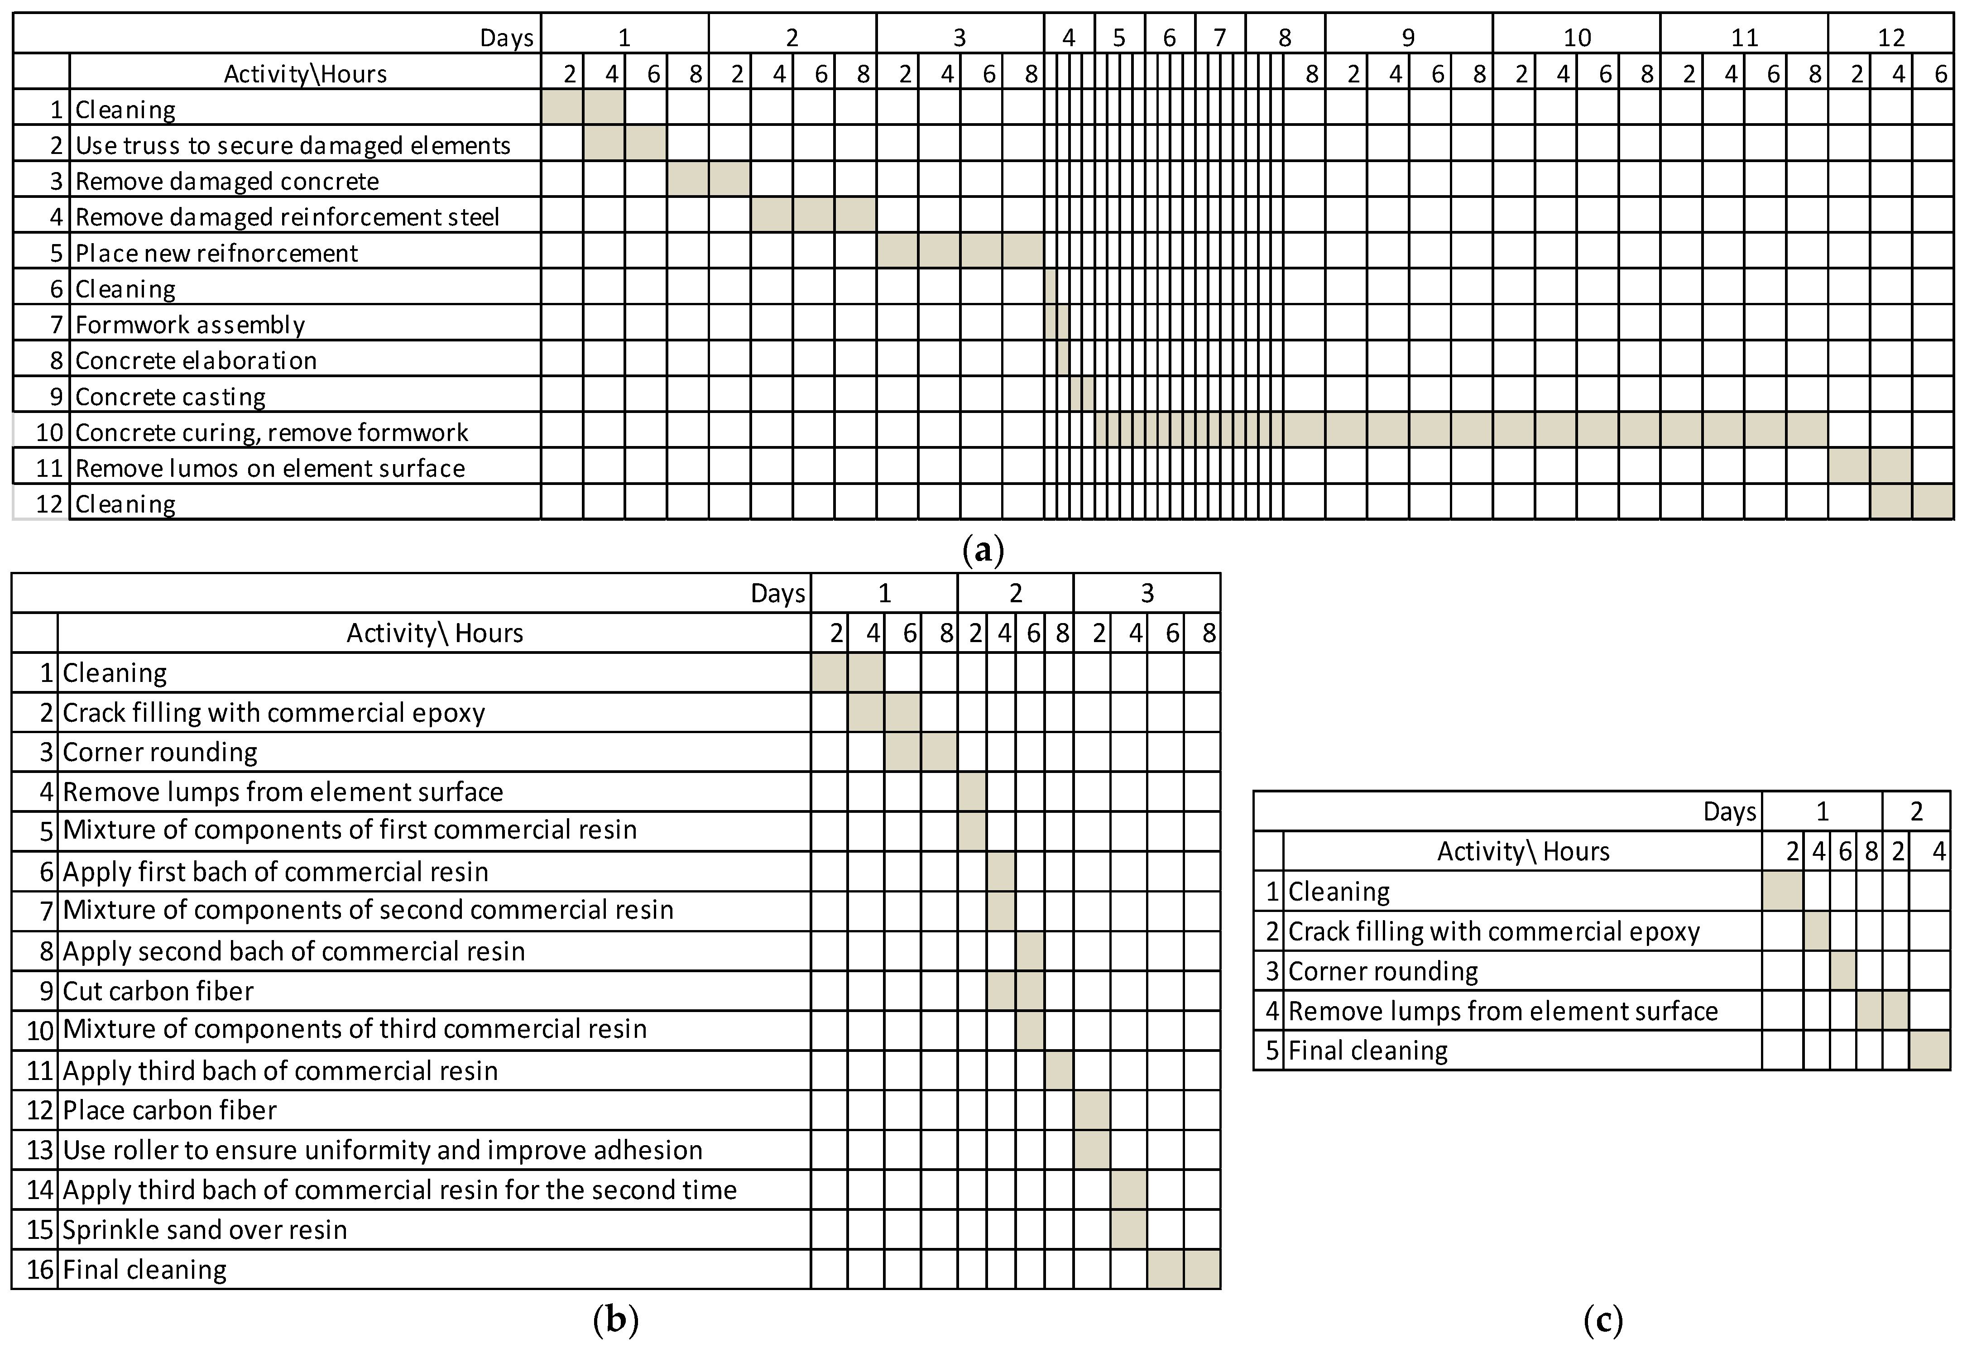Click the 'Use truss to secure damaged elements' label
(x=293, y=146)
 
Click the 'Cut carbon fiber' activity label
(x=158, y=991)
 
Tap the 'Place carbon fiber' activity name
(x=169, y=1111)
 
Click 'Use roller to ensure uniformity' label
(x=382, y=1151)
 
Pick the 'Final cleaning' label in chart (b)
(x=144, y=1270)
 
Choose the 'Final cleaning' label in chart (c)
(x=1368, y=1051)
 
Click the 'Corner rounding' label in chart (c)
(x=1383, y=972)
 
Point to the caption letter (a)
(x=983, y=550)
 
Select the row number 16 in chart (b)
(x=40, y=1270)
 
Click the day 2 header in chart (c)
(x=1916, y=812)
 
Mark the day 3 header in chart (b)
(x=1147, y=594)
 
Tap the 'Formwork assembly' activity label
(x=190, y=326)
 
